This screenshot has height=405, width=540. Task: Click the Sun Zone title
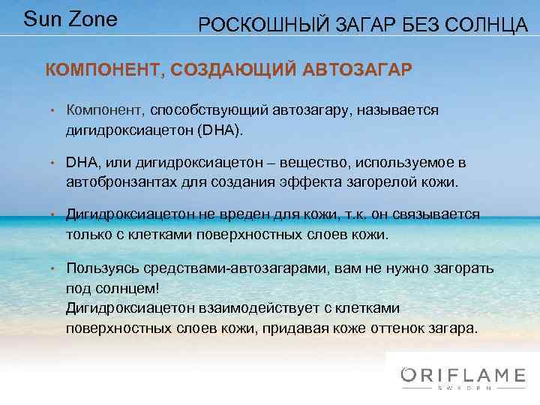(x=70, y=19)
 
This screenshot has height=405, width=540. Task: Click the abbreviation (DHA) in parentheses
(x=220, y=130)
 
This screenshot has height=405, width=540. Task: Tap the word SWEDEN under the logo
(x=464, y=388)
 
